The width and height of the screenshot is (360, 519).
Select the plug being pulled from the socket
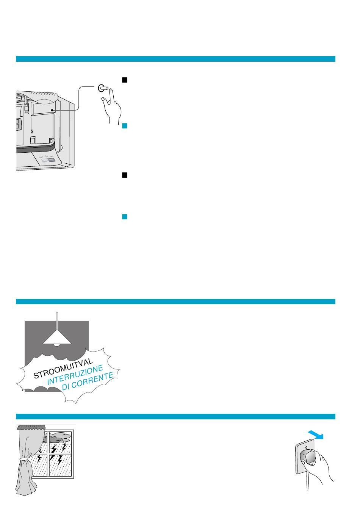[307, 457]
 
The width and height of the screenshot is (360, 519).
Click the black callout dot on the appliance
[52, 110]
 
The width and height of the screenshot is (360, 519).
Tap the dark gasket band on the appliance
[35, 149]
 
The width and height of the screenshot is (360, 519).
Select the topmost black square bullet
[125, 80]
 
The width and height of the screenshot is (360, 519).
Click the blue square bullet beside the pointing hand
[125, 126]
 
